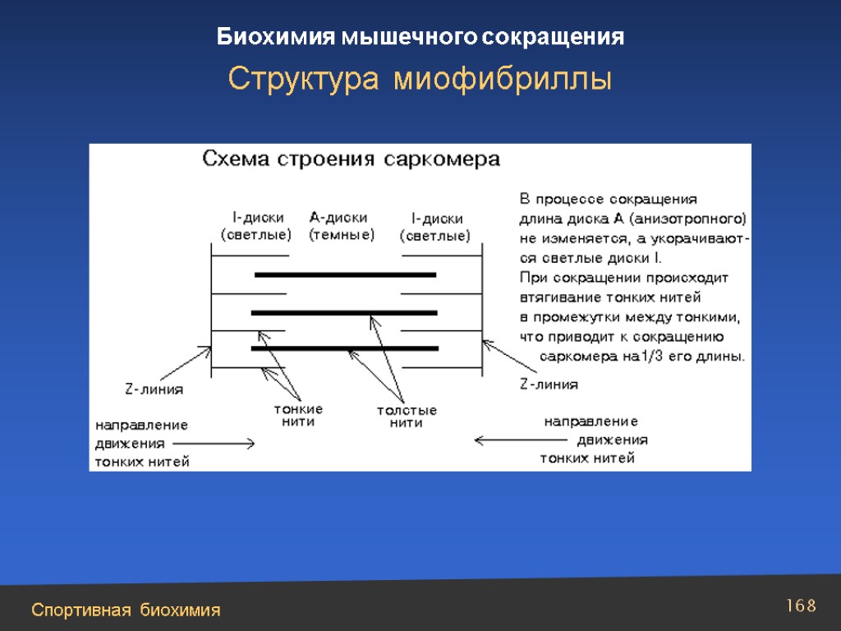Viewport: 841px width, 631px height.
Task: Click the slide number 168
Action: pos(801,606)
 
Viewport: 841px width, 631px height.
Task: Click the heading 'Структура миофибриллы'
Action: pos(420,80)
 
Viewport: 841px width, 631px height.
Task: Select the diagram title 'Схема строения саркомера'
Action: pos(352,159)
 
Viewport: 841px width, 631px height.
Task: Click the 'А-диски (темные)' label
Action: pos(341,226)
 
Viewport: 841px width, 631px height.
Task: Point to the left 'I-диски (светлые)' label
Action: pos(256,227)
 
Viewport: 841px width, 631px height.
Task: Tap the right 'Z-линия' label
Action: pos(549,384)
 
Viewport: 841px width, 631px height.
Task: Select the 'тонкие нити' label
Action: pos(297,416)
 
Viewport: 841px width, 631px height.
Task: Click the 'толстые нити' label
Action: pos(406,417)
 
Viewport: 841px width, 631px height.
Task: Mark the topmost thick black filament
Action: pos(345,274)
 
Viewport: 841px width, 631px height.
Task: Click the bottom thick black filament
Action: pos(345,348)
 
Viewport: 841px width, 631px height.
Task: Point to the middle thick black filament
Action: pos(344,312)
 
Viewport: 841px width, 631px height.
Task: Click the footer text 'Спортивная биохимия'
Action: pos(126,610)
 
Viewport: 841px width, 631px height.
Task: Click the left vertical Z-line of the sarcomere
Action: pos(212,312)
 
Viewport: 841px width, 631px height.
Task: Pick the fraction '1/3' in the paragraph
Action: pos(653,357)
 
